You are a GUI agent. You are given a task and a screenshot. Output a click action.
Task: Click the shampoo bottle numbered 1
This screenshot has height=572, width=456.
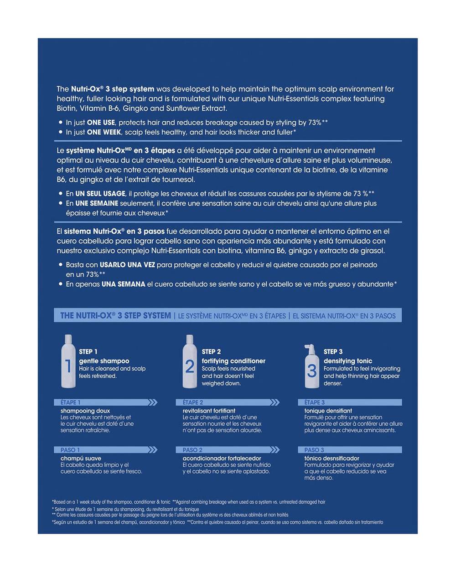pos(68,362)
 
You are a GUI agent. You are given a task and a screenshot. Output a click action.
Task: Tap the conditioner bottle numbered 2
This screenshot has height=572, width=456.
pos(189,362)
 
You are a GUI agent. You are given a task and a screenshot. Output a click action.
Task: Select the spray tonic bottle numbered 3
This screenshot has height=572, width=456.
pos(311,367)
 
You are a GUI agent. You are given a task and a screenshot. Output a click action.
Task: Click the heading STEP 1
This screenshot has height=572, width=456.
pos(88,351)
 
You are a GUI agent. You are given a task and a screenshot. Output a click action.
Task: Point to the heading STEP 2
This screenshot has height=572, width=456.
pos(211,351)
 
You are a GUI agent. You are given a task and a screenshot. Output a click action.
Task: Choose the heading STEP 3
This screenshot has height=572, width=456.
pos(333,351)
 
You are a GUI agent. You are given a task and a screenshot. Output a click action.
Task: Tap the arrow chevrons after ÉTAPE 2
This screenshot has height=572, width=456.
pos(275,402)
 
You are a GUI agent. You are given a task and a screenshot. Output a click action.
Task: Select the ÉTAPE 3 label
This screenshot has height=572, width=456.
pos(315,402)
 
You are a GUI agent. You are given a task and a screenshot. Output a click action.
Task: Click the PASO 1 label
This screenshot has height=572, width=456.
pos(70,450)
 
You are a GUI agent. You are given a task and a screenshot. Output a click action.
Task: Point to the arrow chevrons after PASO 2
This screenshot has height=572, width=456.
pos(275,450)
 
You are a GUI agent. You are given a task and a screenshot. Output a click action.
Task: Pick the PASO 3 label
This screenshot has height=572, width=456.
pos(314,450)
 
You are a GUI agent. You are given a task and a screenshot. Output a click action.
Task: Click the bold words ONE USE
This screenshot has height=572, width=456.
pos(101,123)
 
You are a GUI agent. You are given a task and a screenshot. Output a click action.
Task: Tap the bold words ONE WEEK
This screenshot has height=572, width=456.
pos(104,132)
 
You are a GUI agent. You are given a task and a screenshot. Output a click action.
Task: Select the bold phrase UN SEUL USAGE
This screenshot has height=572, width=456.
pos(100,194)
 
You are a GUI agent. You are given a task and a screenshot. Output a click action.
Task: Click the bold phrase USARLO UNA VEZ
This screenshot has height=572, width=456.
pos(127,265)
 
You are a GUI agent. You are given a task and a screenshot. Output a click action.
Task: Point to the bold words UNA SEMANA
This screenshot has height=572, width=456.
pos(123,284)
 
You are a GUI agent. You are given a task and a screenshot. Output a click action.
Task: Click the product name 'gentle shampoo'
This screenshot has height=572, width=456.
pos(104,361)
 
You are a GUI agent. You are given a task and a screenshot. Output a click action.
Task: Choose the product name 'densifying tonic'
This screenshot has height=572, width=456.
pos(348,361)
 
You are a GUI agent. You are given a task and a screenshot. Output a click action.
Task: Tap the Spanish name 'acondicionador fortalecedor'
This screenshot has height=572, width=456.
pos(222,459)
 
